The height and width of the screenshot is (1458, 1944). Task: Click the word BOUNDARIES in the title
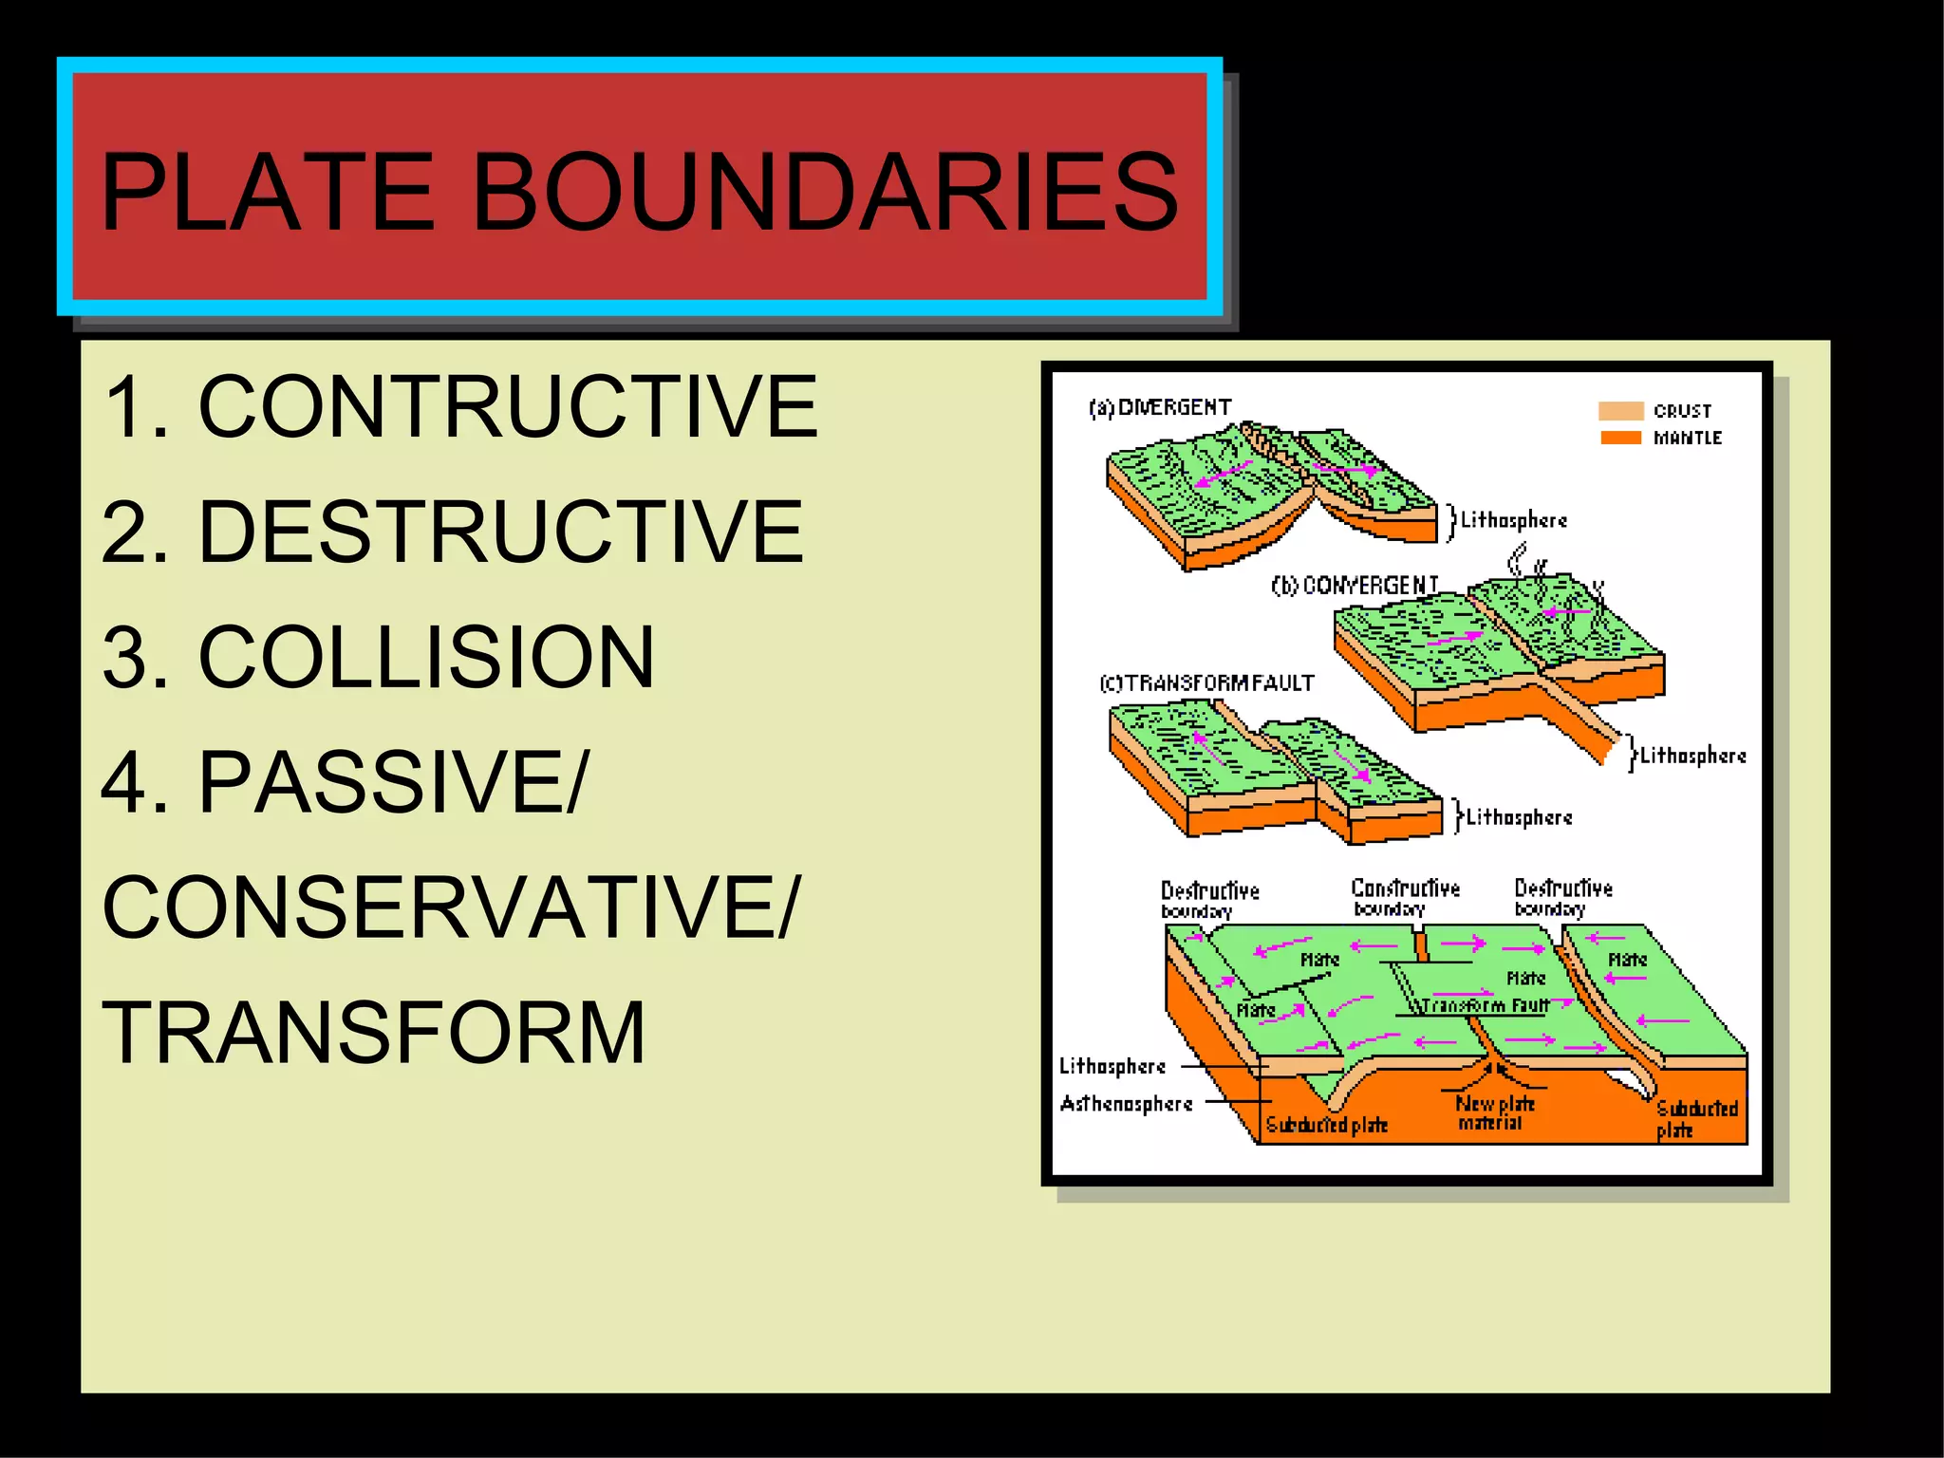824,193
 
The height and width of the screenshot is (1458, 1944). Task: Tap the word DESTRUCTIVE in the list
500,532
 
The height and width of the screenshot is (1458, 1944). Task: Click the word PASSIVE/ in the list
393,782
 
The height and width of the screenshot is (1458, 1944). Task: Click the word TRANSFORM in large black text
374,1033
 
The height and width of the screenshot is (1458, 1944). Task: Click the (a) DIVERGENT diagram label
1160,408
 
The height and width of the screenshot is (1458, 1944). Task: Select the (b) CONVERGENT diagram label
1355,586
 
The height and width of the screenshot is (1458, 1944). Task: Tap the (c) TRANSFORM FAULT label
1207,683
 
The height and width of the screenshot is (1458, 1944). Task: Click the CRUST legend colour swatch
1620,411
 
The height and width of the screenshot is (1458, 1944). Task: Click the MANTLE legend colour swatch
1620,438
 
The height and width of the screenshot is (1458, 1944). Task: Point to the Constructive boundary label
1405,897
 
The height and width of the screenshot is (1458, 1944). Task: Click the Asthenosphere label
1126,1104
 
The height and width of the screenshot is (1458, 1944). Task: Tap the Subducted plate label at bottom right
1695,1118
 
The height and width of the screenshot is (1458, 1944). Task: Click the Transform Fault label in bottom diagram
1485,1005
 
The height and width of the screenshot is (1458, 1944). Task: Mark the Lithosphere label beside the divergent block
1513,520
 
